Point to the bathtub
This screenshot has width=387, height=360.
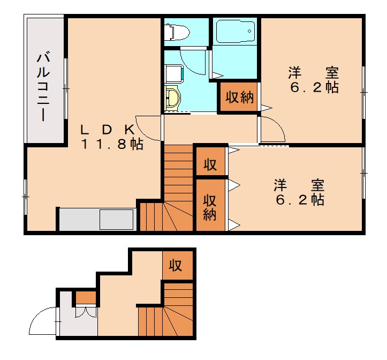(235, 33)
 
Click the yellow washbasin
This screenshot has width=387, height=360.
(173, 98)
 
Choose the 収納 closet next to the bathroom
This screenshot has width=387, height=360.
(239, 98)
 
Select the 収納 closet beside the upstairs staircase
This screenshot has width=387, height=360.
(210, 207)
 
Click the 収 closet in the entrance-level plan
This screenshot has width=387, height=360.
(175, 265)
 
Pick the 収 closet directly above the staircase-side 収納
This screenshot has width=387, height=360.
(210, 164)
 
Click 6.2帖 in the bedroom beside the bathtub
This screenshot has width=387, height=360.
(314, 87)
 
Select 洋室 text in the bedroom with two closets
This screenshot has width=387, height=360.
(299, 186)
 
